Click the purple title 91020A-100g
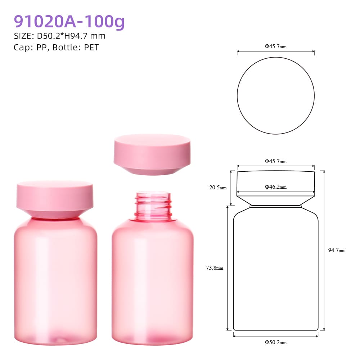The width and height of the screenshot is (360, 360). coord(69,22)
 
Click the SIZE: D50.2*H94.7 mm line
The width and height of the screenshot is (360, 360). coord(60,36)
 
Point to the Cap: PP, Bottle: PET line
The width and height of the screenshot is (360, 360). coord(56,48)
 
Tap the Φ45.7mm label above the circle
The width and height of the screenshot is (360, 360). coord(275,46)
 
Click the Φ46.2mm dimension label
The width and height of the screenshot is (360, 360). coord(275,187)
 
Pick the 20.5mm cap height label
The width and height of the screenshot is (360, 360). coord(218,188)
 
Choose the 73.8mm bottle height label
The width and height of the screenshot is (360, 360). coord(215,268)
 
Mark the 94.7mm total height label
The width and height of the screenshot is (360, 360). coord(337,250)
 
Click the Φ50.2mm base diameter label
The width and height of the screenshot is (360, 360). coord(275,342)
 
